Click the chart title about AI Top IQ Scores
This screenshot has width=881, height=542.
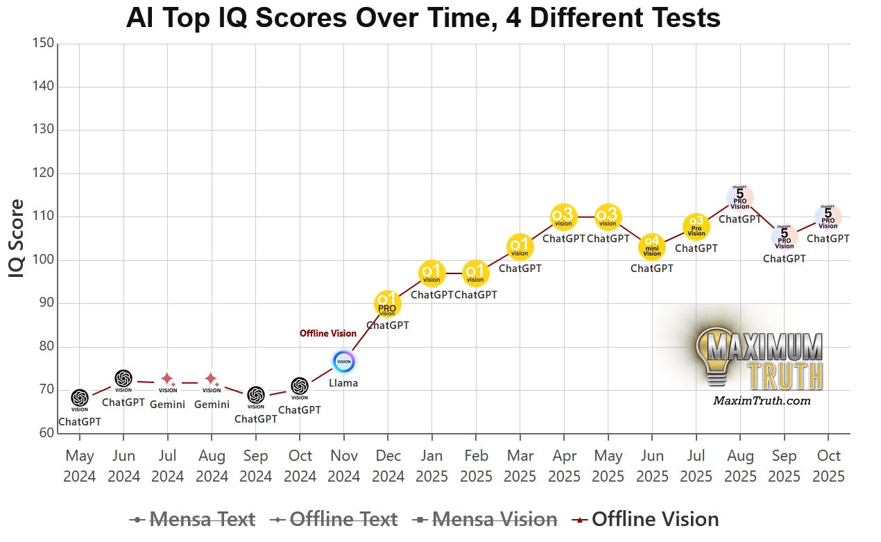point(423,18)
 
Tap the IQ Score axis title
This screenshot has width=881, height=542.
point(17,239)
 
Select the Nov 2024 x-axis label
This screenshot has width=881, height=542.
point(343,466)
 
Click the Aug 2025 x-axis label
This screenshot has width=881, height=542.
point(740,466)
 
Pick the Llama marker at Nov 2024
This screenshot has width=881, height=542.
point(343,361)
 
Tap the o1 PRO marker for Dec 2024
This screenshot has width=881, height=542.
point(387,303)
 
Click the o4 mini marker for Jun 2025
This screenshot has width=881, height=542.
point(651,246)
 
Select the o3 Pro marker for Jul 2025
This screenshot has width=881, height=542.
point(696,226)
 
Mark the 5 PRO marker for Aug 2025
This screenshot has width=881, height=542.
point(740,197)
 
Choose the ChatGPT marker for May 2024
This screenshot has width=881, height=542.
point(80,398)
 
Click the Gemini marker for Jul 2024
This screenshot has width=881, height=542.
point(168,380)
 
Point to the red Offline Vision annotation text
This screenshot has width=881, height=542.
point(328,334)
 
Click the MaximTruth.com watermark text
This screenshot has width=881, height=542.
point(762,400)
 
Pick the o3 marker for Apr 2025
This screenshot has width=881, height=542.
point(563,217)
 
